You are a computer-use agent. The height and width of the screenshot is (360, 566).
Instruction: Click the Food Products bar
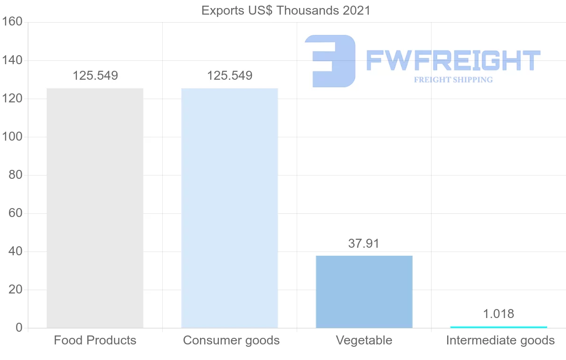(x=95, y=208)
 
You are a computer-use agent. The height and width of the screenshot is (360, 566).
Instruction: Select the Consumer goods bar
(x=230, y=208)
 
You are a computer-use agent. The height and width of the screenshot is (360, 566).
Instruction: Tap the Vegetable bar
(x=364, y=292)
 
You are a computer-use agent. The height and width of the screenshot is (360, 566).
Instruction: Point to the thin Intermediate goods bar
(x=499, y=327)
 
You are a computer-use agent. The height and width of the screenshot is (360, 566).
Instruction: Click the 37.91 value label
(x=364, y=243)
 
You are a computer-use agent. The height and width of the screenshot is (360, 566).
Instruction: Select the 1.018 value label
(x=499, y=314)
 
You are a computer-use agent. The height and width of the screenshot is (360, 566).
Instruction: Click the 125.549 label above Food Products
(x=95, y=75)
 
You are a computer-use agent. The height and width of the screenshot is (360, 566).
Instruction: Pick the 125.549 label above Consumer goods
(x=230, y=75)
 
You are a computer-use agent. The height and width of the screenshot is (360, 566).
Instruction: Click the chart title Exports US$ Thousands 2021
(x=286, y=10)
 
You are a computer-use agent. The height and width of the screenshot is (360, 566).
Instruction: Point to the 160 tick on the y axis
(x=12, y=22)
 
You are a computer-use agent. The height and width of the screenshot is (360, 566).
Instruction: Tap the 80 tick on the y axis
(x=16, y=175)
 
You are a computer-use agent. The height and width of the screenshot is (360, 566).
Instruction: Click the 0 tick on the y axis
(x=19, y=328)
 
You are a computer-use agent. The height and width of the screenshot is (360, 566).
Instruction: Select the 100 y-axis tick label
(x=12, y=137)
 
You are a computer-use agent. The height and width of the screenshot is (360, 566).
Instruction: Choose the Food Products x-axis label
(x=95, y=340)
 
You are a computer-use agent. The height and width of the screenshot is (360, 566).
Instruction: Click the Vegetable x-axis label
(x=364, y=340)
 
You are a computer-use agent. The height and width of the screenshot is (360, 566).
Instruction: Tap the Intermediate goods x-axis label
(x=500, y=340)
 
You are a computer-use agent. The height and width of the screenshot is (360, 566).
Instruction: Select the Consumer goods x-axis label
(x=231, y=340)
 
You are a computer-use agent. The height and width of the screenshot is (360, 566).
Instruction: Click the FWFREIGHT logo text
(x=453, y=61)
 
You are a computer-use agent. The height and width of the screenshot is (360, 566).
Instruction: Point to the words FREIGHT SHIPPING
(x=453, y=80)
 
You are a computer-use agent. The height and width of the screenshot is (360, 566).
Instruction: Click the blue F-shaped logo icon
(x=330, y=60)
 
